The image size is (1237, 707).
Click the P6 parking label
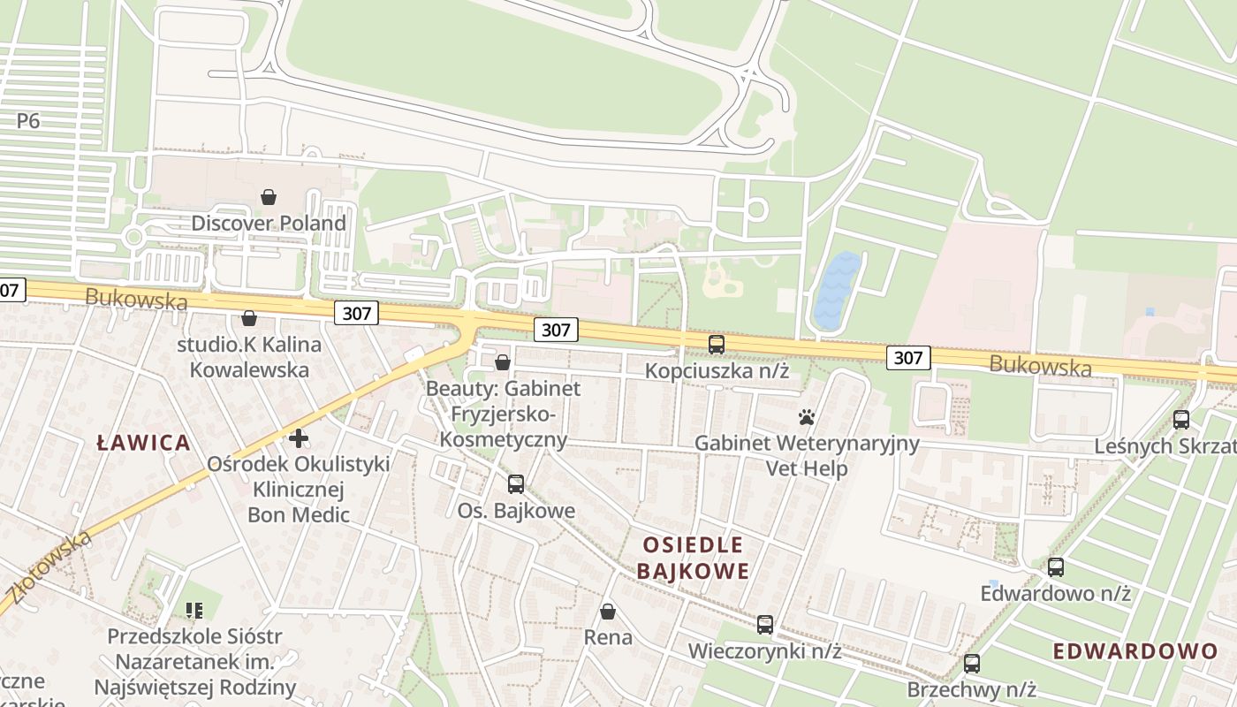tap(28, 121)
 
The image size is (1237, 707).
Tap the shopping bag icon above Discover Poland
tap(269, 197)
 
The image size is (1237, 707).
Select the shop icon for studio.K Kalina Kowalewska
tap(249, 318)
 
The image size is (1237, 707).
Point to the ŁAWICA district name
tap(143, 443)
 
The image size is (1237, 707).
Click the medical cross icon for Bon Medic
tap(299, 437)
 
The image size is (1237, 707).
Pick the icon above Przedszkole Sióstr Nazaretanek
tap(194, 610)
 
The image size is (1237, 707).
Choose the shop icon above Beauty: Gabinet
tap(503, 362)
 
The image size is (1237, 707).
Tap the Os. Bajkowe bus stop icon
tap(516, 484)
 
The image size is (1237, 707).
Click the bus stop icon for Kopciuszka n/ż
tap(717, 345)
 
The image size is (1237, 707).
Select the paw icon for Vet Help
tap(806, 416)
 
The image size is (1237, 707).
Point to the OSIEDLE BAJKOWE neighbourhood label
tap(693, 558)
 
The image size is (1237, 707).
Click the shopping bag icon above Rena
tap(608, 611)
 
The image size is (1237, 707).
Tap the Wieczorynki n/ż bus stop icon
tap(765, 625)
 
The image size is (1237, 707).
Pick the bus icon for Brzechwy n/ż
tap(972, 664)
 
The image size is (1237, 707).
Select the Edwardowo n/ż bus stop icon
tap(1056, 567)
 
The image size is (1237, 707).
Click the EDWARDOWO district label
tap(1135, 651)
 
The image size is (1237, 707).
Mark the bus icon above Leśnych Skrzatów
tap(1181, 420)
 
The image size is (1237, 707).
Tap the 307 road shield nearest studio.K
tap(357, 312)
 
